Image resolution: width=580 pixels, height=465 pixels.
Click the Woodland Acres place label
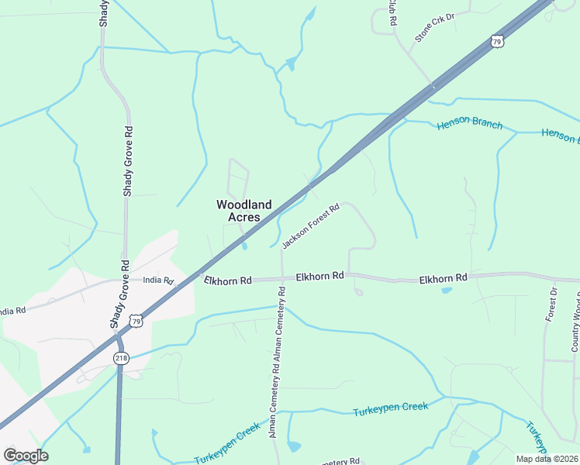(x=243, y=211)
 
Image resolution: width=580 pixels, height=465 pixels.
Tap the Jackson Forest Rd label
(x=311, y=226)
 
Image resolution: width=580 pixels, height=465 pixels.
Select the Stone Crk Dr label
(x=433, y=26)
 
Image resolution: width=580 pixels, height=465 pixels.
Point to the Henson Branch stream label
(x=469, y=124)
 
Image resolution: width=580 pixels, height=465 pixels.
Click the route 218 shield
(x=120, y=357)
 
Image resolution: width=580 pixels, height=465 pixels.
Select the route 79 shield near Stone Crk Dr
(x=498, y=41)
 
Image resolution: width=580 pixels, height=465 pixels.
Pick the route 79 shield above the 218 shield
(x=136, y=321)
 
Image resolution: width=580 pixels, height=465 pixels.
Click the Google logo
(x=26, y=455)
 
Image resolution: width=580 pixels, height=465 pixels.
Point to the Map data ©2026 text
(x=546, y=458)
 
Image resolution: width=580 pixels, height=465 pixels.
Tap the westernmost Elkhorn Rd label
(x=228, y=280)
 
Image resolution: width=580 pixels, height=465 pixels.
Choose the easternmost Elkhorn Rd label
(x=444, y=277)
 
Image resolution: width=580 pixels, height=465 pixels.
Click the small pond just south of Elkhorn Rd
(x=446, y=291)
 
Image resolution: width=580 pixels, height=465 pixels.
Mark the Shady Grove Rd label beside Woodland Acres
(x=128, y=161)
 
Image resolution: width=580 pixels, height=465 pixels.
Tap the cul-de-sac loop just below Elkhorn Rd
(x=358, y=291)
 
